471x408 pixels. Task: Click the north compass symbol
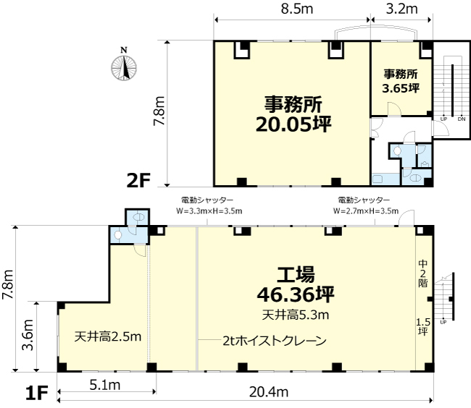coord(124,65)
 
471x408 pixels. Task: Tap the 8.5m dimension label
coord(297,9)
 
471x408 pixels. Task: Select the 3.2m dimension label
coord(401,9)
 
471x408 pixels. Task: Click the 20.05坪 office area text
coord(293,124)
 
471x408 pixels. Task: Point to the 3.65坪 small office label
coord(401,88)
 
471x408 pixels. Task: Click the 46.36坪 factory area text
coord(296,294)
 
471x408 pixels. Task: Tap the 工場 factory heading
coord(296,274)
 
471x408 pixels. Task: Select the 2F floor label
coord(138,180)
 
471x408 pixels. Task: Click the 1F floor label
coord(37,393)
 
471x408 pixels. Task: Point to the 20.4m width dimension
coord(269,392)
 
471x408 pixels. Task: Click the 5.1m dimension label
coord(105,385)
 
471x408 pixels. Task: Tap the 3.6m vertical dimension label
coord(28,335)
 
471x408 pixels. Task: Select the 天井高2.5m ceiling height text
coord(108,336)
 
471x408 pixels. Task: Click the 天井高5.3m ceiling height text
coord(296,315)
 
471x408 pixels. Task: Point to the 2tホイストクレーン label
coord(275,341)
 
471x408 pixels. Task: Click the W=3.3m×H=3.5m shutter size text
coord(209,211)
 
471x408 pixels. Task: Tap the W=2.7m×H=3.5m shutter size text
coord(366,211)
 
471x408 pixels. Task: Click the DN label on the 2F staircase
coord(462,119)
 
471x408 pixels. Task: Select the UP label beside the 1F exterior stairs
coord(443,322)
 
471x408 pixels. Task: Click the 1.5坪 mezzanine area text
coord(423,327)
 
